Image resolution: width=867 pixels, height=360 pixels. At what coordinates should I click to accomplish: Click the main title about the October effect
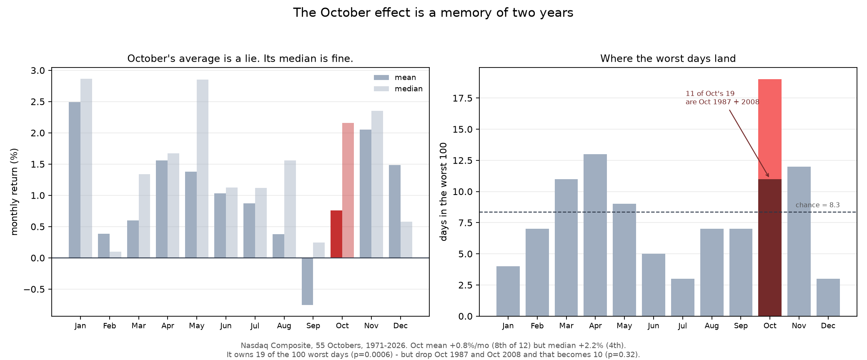(433, 13)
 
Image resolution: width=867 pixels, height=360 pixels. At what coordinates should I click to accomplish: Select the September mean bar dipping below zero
(307, 281)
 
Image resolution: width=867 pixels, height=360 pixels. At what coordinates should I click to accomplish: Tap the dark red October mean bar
(336, 234)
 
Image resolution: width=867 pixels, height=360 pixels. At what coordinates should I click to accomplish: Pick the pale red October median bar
(348, 190)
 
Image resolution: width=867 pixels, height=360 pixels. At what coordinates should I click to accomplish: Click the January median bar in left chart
(86, 168)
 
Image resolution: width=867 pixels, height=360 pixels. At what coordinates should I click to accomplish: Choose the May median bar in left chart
(203, 169)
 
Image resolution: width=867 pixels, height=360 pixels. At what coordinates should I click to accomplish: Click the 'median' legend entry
(398, 89)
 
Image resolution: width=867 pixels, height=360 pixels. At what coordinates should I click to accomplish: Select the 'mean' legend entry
(395, 77)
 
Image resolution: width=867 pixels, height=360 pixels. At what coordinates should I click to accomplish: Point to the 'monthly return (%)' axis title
(15, 192)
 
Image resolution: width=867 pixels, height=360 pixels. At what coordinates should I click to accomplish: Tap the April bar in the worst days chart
(595, 235)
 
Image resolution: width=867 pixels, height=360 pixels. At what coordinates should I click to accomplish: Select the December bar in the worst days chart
(828, 297)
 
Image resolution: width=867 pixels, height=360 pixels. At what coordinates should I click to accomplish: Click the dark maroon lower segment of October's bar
(770, 247)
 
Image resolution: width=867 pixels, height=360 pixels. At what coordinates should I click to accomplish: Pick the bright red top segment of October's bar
(770, 129)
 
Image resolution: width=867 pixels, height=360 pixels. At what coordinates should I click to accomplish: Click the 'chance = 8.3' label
(817, 205)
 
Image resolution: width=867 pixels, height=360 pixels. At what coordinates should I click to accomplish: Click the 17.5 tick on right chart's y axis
(462, 98)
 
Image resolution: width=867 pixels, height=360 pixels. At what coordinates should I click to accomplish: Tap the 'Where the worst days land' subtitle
(668, 59)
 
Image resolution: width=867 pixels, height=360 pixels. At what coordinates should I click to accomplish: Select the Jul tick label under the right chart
(682, 326)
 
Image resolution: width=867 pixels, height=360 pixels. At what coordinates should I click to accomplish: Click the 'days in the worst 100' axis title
(444, 192)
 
